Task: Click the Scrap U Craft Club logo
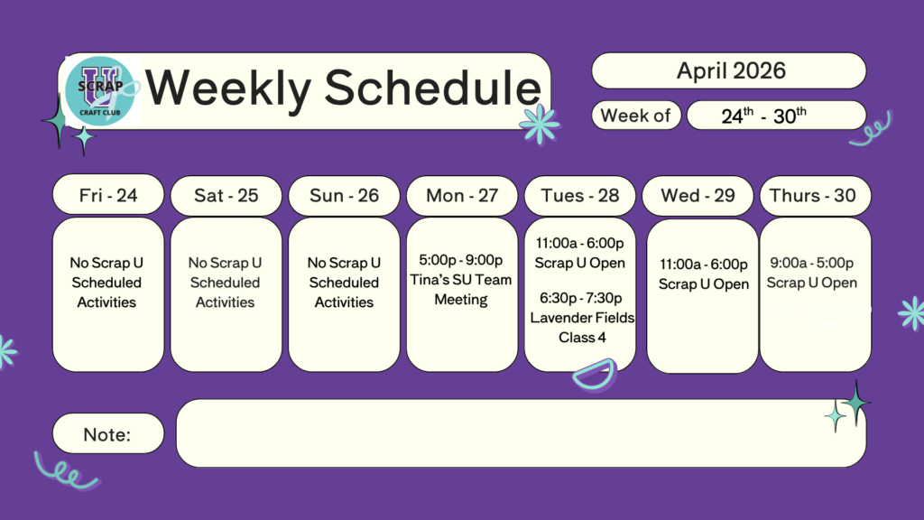[x=101, y=91]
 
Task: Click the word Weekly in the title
[x=228, y=88]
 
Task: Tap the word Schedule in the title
[x=432, y=88]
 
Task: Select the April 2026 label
[x=731, y=70]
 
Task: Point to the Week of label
[x=635, y=116]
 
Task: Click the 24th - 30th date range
[x=763, y=116]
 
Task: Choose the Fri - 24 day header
[x=108, y=195]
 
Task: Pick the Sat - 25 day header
[x=226, y=195]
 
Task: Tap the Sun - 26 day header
[x=344, y=195]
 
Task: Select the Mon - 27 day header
[x=462, y=195]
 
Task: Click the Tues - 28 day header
[x=580, y=195]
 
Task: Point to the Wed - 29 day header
[x=698, y=195]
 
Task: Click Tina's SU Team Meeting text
[x=461, y=290]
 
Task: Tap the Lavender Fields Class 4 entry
[x=582, y=328]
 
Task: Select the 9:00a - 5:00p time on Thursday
[x=811, y=263]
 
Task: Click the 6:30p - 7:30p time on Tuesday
[x=580, y=298]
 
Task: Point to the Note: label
[x=106, y=434]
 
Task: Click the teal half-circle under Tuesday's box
[x=594, y=376]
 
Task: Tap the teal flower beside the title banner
[x=540, y=124]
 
